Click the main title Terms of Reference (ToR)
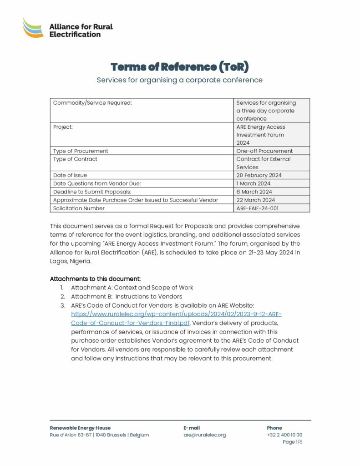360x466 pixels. point(180,67)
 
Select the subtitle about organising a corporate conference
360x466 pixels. point(180,80)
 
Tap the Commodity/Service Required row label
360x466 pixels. point(92,103)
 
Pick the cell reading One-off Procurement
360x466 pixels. point(264,151)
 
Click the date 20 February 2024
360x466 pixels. point(259,175)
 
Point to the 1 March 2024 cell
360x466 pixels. point(253,183)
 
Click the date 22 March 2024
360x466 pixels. point(255,200)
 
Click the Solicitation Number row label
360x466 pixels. point(79,208)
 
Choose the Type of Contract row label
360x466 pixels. point(75,159)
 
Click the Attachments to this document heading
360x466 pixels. point(95,279)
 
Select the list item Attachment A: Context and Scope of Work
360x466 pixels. point(132,288)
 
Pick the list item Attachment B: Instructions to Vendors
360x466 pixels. point(127,297)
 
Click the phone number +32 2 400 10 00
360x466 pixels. point(284,435)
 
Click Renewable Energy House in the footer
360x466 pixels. point(80,428)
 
